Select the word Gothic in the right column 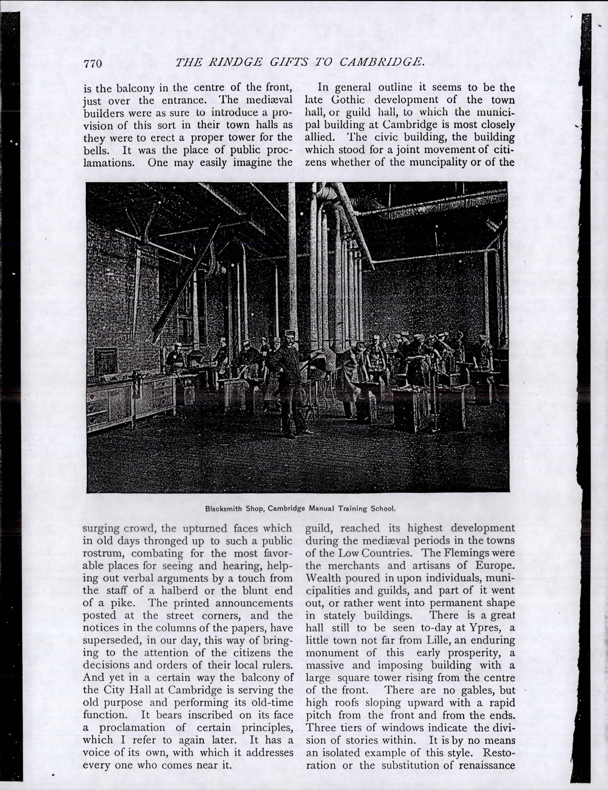[354, 99]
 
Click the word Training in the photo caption [353, 509]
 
